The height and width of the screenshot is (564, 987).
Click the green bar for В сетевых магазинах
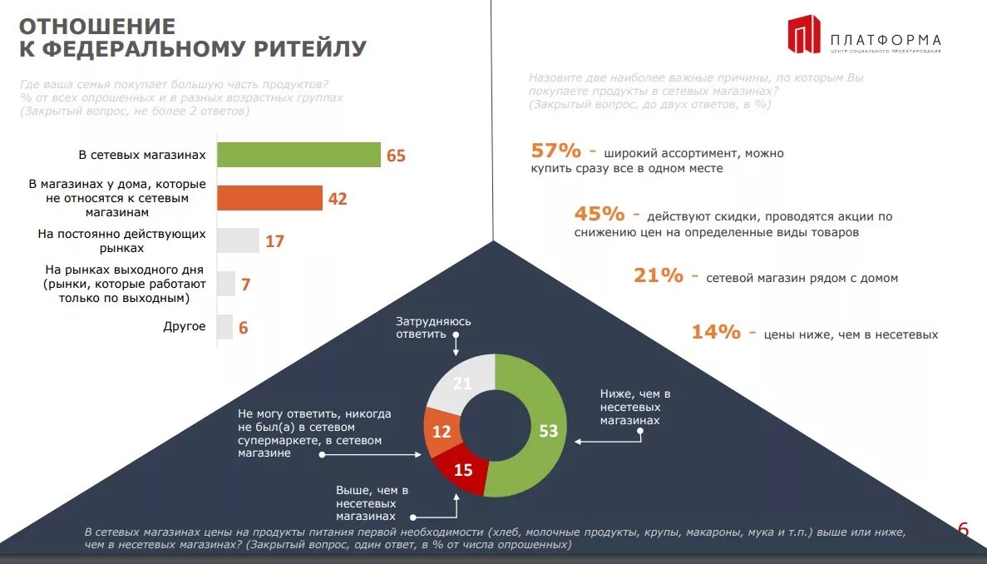[299, 155]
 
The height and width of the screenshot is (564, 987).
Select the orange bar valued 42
[269, 198]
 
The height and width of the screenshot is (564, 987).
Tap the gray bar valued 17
[238, 241]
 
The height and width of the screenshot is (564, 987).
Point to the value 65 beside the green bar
[396, 156]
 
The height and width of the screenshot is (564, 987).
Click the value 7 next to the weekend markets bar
[245, 284]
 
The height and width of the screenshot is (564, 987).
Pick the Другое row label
[185, 327]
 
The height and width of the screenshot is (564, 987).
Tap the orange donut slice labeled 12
[441, 430]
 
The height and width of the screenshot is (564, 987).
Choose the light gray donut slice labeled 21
[463, 383]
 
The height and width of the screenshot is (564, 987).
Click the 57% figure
[555, 151]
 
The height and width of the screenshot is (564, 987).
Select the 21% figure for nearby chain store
[658, 275]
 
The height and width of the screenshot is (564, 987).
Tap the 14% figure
[716, 332]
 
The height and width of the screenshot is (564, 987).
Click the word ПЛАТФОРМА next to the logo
[886, 39]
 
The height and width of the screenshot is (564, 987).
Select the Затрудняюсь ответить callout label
[433, 327]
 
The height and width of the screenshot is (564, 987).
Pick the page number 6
[964, 529]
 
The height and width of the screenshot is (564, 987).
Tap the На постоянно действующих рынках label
[121, 241]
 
